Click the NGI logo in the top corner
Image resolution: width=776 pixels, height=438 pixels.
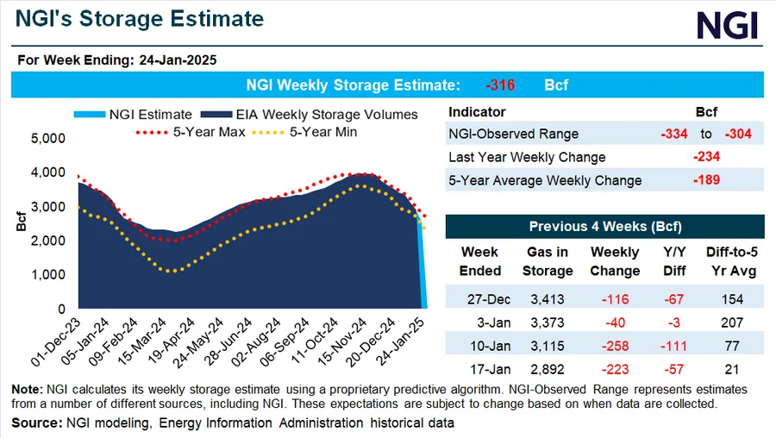[x=727, y=25]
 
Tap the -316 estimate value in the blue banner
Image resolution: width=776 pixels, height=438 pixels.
[x=500, y=85]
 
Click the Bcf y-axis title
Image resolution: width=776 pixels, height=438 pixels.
[x=18, y=222]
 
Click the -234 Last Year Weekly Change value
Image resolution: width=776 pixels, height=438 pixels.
[x=707, y=157]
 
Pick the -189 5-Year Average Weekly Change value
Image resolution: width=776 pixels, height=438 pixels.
[x=707, y=180]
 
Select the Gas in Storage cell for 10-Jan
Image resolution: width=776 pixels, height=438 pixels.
[x=547, y=347]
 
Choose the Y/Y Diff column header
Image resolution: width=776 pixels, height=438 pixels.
[x=675, y=261]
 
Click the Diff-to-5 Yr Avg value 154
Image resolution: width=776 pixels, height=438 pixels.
[x=732, y=299]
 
